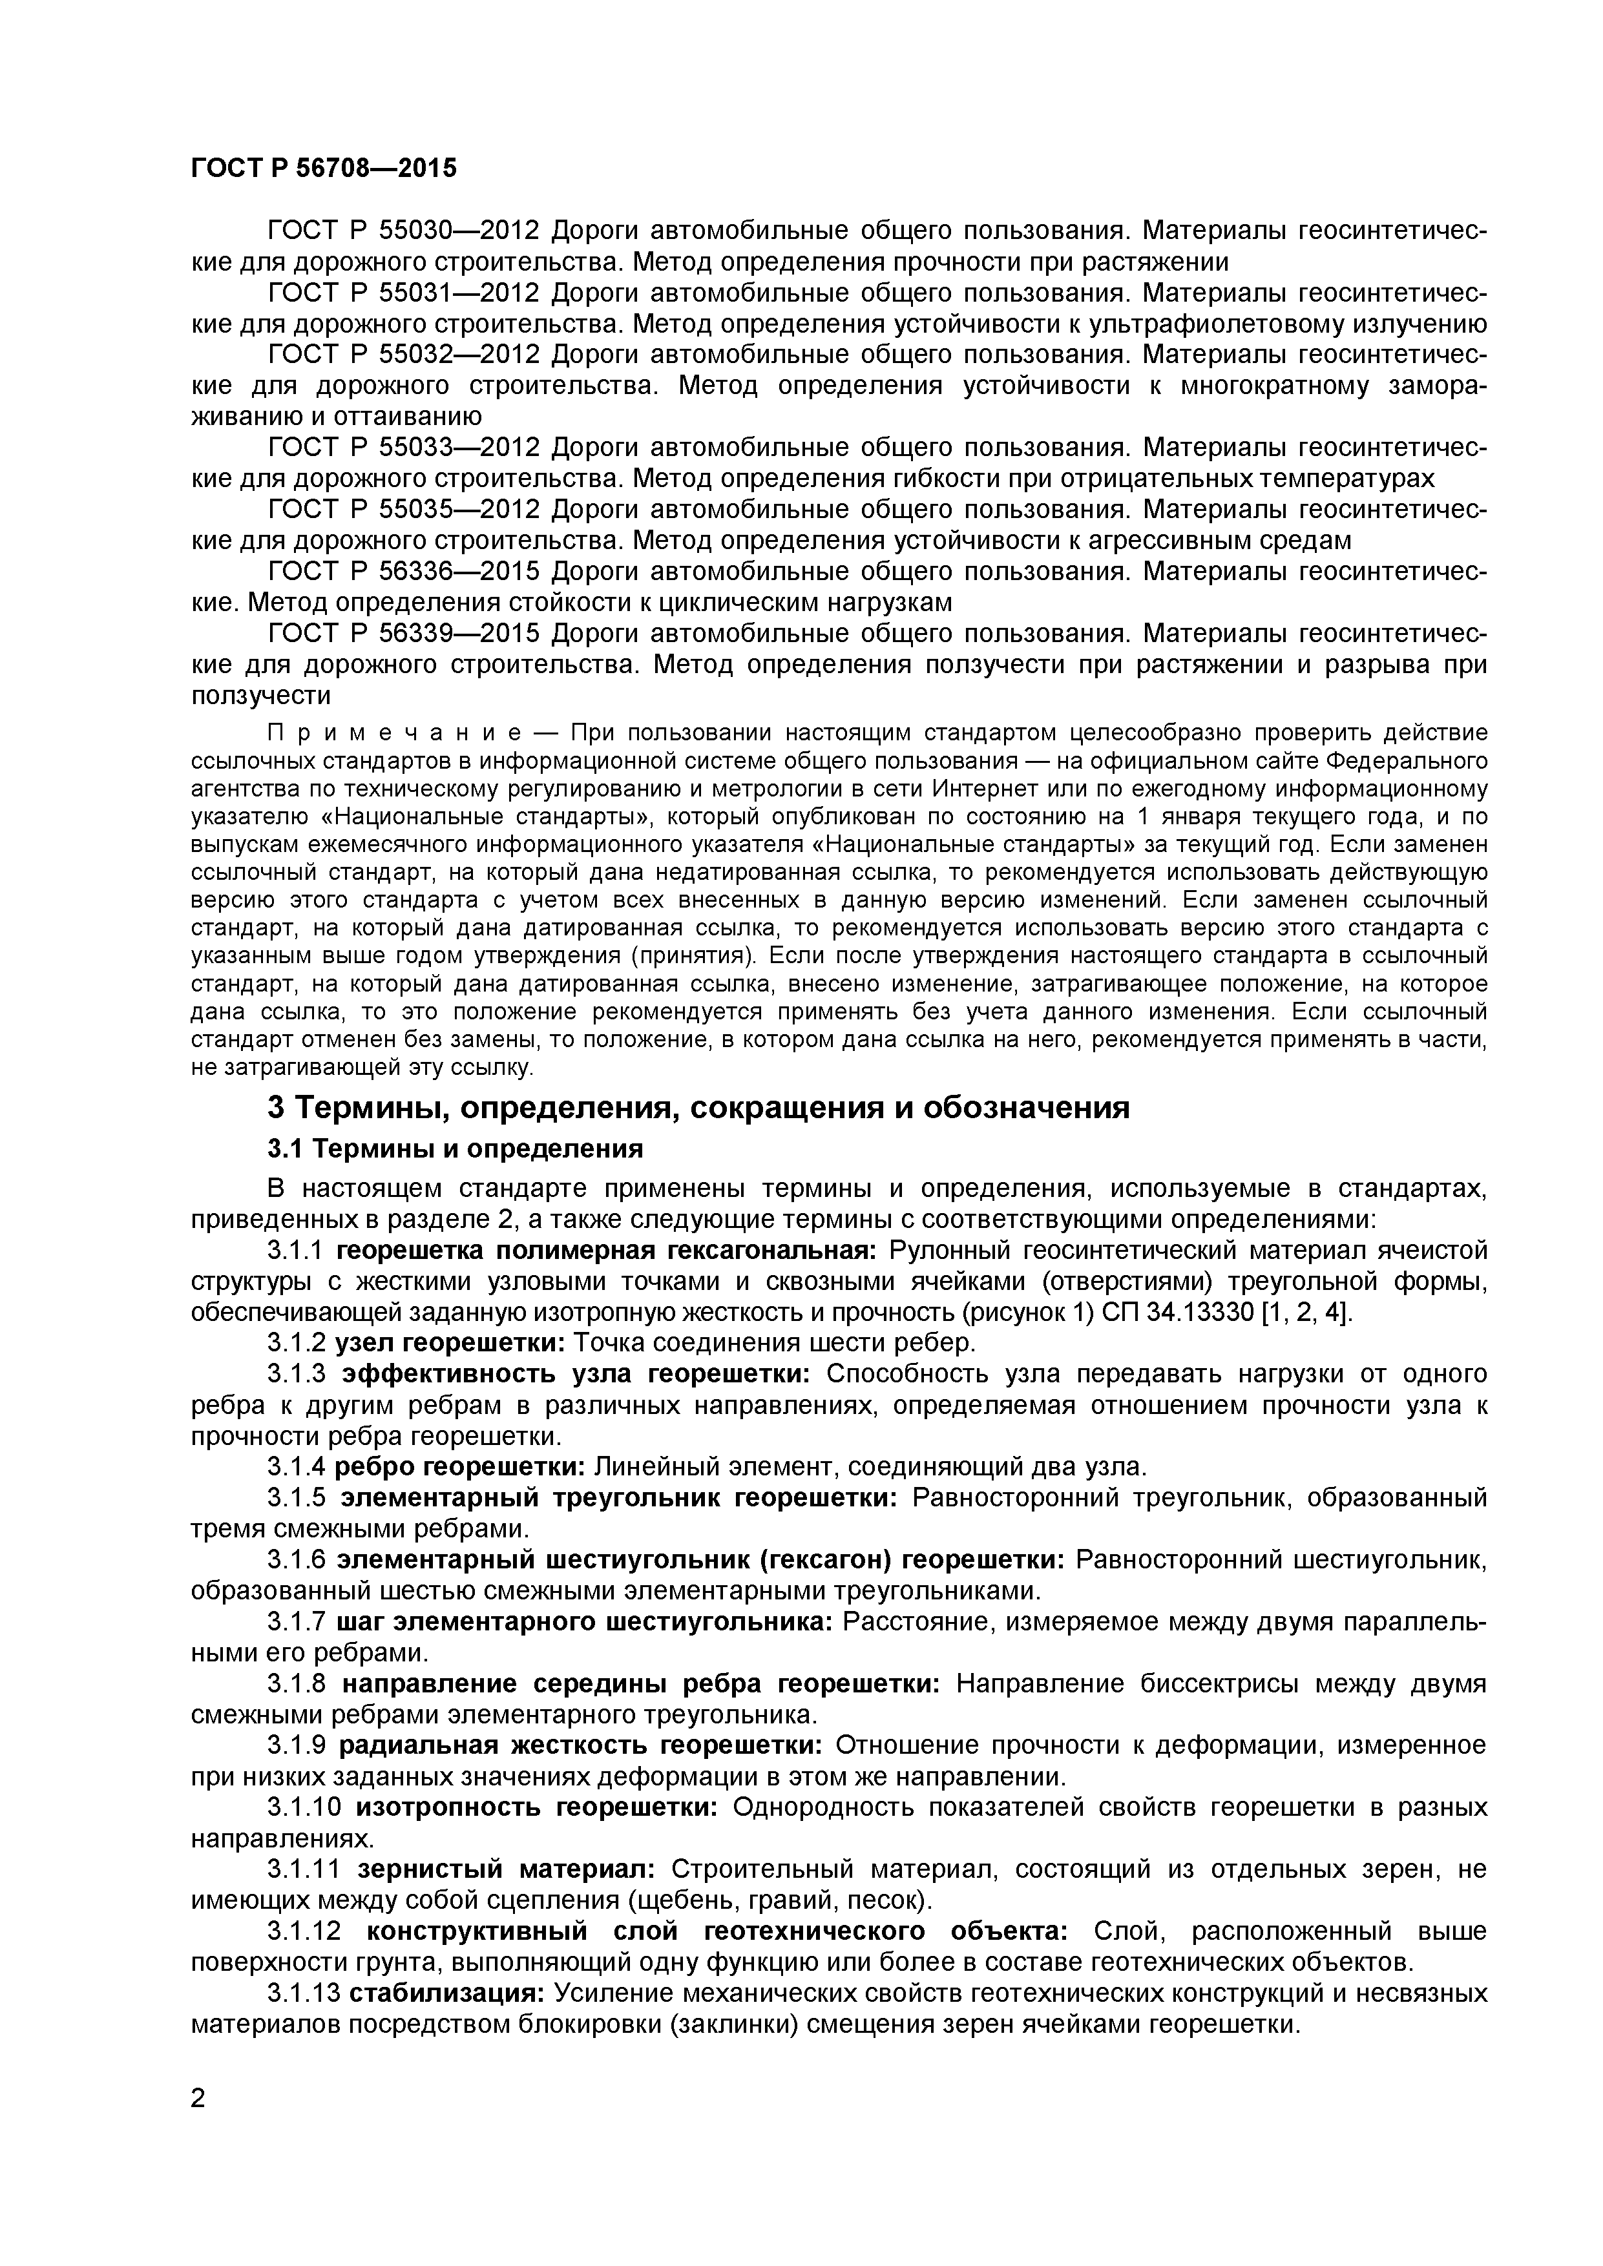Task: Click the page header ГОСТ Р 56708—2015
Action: coord(324,169)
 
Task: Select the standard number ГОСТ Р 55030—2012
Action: coord(404,231)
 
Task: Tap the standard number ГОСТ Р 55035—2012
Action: coord(404,509)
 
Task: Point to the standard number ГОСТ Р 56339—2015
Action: coord(404,632)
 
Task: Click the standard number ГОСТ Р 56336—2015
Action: coord(404,572)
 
